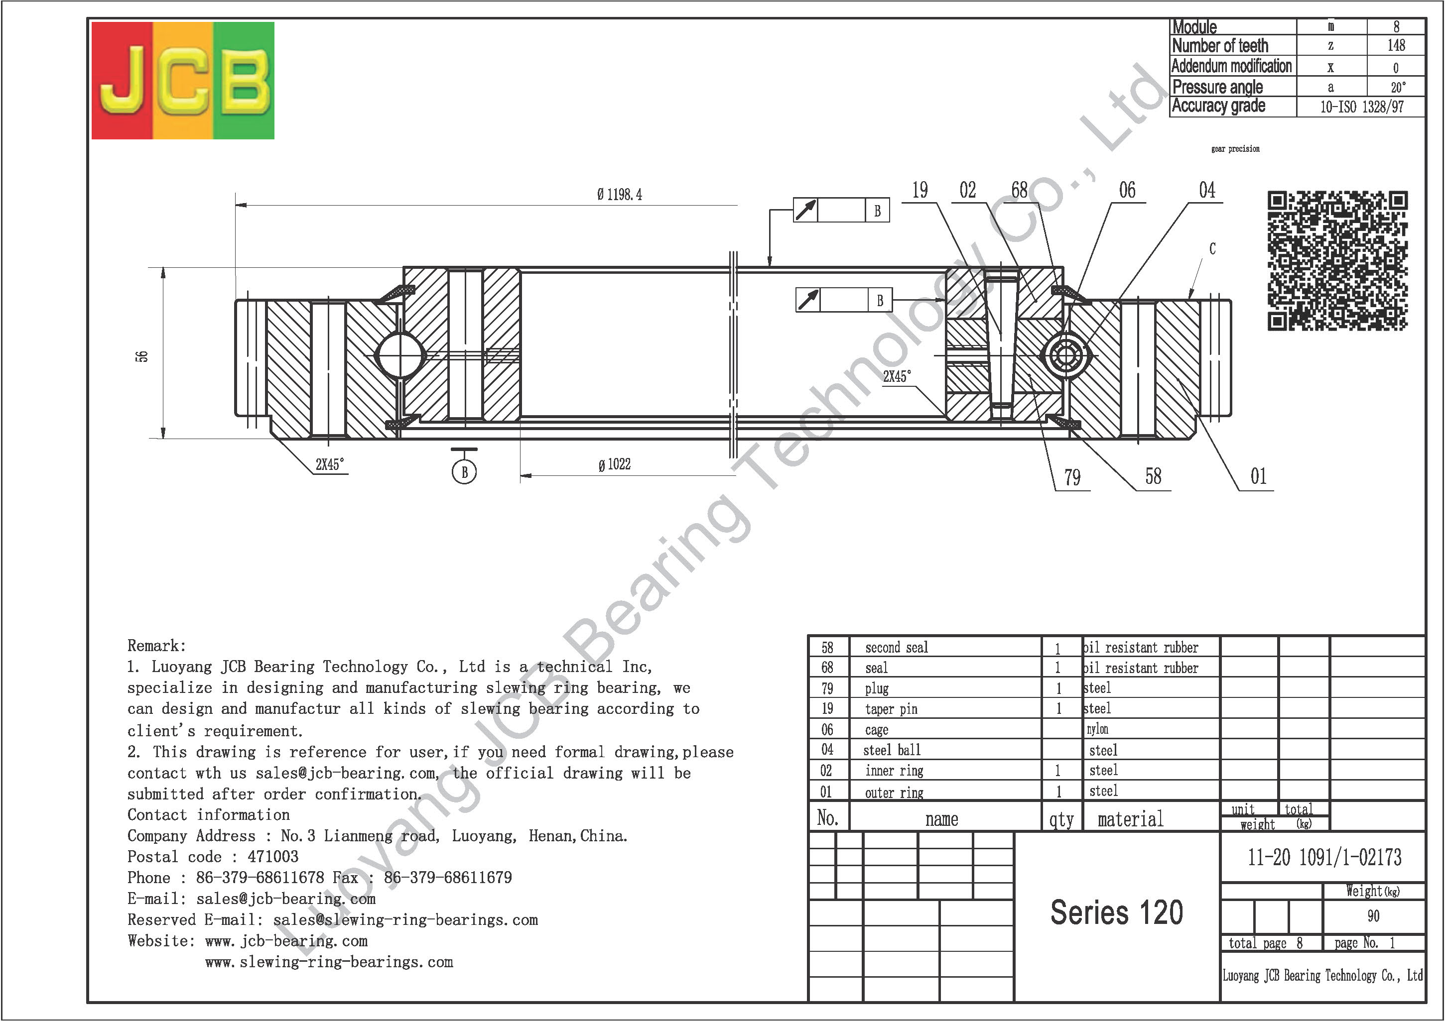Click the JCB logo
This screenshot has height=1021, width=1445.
pos(182,81)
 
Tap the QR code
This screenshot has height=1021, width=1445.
pos(1337,260)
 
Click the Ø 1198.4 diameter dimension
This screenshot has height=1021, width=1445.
pos(620,194)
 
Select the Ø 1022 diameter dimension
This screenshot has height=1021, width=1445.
pos(614,464)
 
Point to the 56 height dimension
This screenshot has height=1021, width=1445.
pos(142,356)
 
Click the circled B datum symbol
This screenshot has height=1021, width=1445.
pos(464,472)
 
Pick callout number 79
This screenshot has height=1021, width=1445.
pos(1072,477)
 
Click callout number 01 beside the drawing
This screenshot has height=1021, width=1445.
pos(1258,476)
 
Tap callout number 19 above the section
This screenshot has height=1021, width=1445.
pos(920,190)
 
